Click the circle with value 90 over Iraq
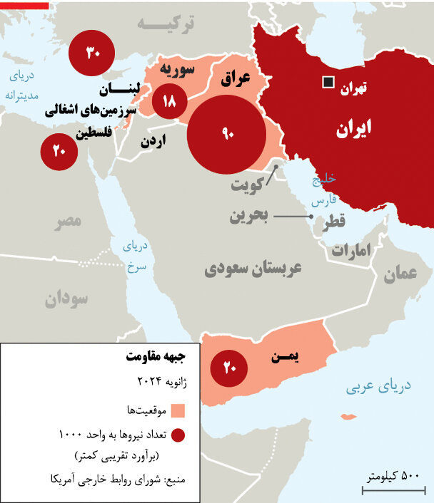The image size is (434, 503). pyautogui.click(x=228, y=134)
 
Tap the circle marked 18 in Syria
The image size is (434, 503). pyautogui.click(x=169, y=102)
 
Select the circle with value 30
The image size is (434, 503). pyautogui.click(x=93, y=53)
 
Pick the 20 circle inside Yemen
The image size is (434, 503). pyautogui.click(x=228, y=368)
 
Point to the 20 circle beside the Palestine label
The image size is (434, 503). pyautogui.click(x=59, y=150)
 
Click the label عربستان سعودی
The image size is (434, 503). pyautogui.click(x=253, y=269)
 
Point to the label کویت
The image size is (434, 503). pyautogui.click(x=248, y=187)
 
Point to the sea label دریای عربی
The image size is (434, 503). pyautogui.click(x=378, y=388)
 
